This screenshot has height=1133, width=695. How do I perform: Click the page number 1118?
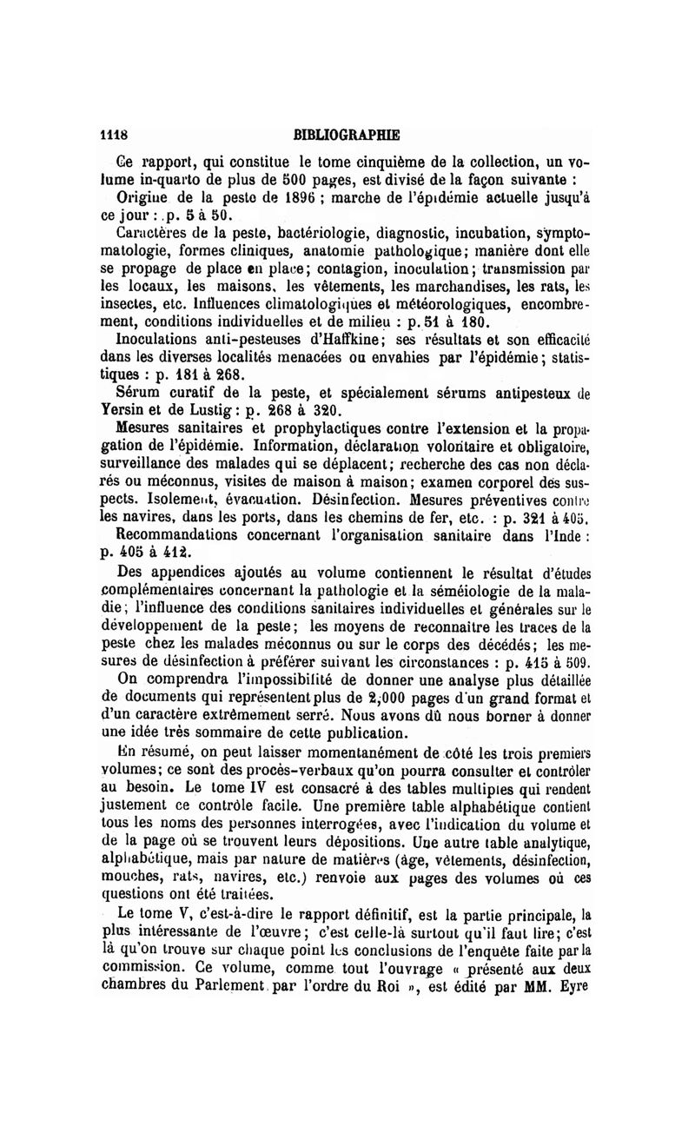[x=115, y=135]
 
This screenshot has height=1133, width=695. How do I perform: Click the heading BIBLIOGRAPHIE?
[x=347, y=135]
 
